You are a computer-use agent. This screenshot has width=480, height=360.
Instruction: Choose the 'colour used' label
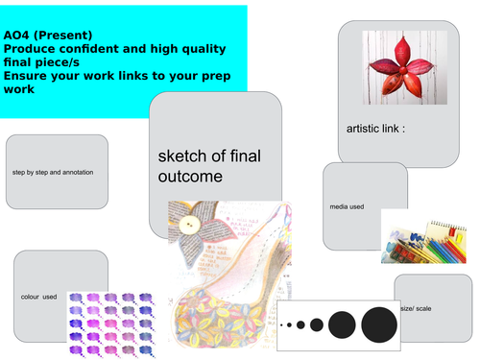tap(38, 298)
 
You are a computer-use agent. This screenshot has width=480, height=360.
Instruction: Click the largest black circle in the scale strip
tap(378, 324)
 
